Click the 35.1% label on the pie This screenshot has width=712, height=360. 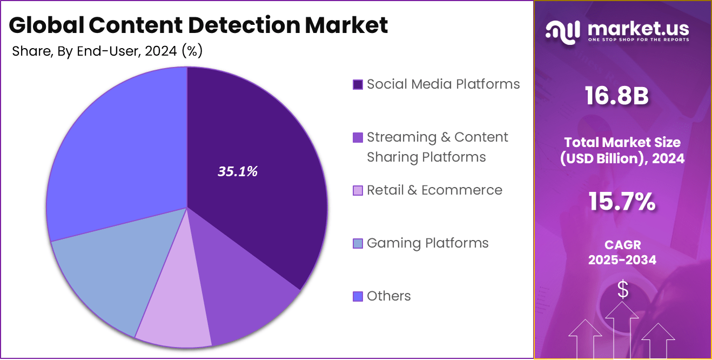pos(237,172)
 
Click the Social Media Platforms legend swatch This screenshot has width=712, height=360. pos(357,85)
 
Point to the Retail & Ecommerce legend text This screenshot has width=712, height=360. pos(434,190)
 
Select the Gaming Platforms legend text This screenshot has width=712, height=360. pos(427,243)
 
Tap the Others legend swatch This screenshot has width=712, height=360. pos(357,297)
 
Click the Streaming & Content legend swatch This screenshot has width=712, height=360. pos(357,138)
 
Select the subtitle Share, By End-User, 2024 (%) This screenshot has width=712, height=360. pos(107,51)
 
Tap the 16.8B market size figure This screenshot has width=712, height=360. pos(616,96)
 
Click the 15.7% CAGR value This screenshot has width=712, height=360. pos(622,202)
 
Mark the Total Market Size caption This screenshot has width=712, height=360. pos(622,143)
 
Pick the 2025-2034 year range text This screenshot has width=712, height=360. pos(622,260)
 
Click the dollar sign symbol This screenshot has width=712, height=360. pos(623,290)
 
